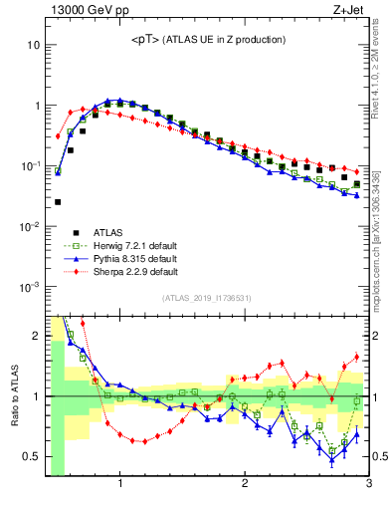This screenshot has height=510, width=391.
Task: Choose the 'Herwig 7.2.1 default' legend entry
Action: point(111,244)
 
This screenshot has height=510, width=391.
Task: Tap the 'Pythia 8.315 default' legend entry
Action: point(111,257)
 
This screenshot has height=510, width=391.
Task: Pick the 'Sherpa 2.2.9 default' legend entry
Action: point(111,270)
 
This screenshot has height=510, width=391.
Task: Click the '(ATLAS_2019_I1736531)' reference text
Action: point(207,297)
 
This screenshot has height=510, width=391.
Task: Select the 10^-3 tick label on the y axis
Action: point(30,287)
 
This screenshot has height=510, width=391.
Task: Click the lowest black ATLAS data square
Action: point(58,202)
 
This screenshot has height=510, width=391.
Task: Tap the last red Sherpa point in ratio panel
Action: point(356,357)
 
